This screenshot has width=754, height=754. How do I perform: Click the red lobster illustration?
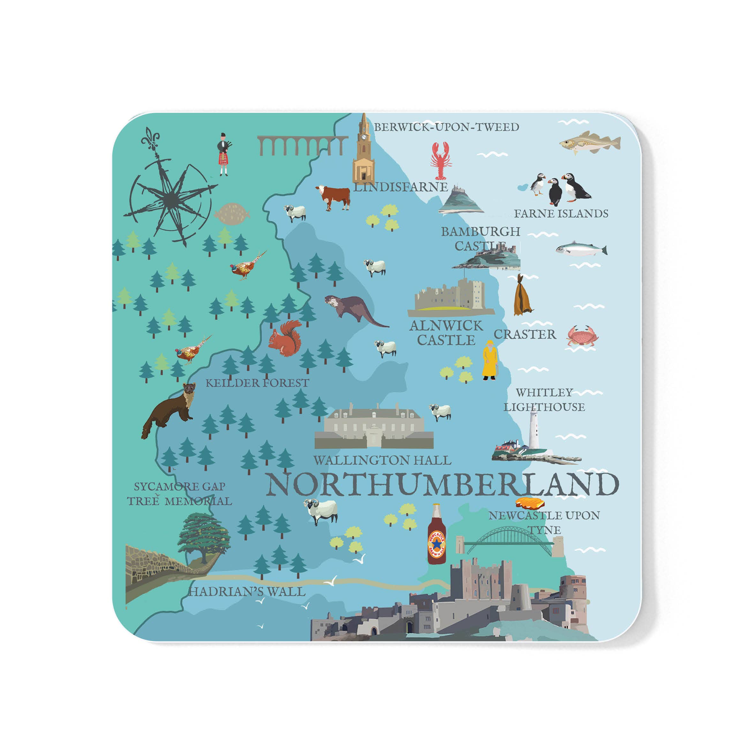pos(440,161)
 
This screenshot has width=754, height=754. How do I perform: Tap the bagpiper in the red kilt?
pos(223,154)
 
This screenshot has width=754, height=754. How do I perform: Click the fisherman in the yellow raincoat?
pos(489,360)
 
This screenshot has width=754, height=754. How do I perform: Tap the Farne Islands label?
pos(561,214)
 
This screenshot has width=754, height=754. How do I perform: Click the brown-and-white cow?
pos(334,197)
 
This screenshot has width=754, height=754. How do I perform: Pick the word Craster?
pos(524,335)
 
